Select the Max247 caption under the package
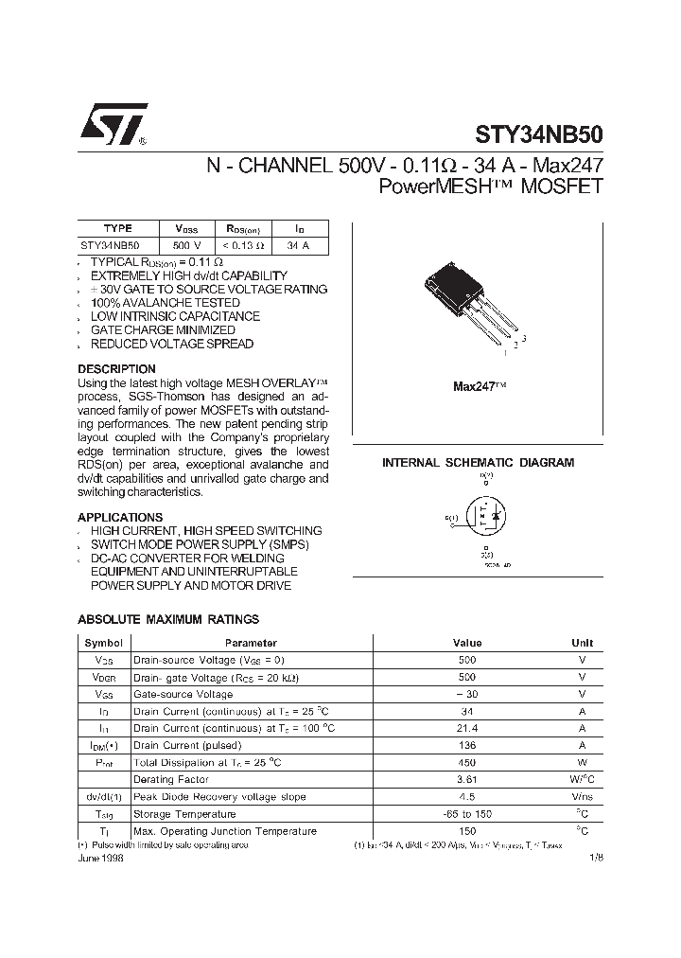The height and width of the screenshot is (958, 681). pos(480,386)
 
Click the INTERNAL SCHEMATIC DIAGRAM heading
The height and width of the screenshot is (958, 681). pos(478,463)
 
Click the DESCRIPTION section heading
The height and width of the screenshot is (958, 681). pos(116,368)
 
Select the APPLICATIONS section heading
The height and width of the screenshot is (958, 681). pos(119,517)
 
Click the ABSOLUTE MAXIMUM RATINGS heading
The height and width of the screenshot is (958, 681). pos(167,619)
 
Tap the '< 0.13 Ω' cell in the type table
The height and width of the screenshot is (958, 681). pos(244,245)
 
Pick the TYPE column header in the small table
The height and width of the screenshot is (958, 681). pos(117,228)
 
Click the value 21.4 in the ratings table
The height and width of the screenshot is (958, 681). pos(466,728)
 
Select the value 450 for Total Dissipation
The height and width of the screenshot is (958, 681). pos(466,762)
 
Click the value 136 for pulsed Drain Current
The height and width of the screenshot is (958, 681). pos(466,745)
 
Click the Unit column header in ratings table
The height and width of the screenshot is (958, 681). pos(582,643)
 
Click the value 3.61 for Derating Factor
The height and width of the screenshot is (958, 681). pos(466,780)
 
